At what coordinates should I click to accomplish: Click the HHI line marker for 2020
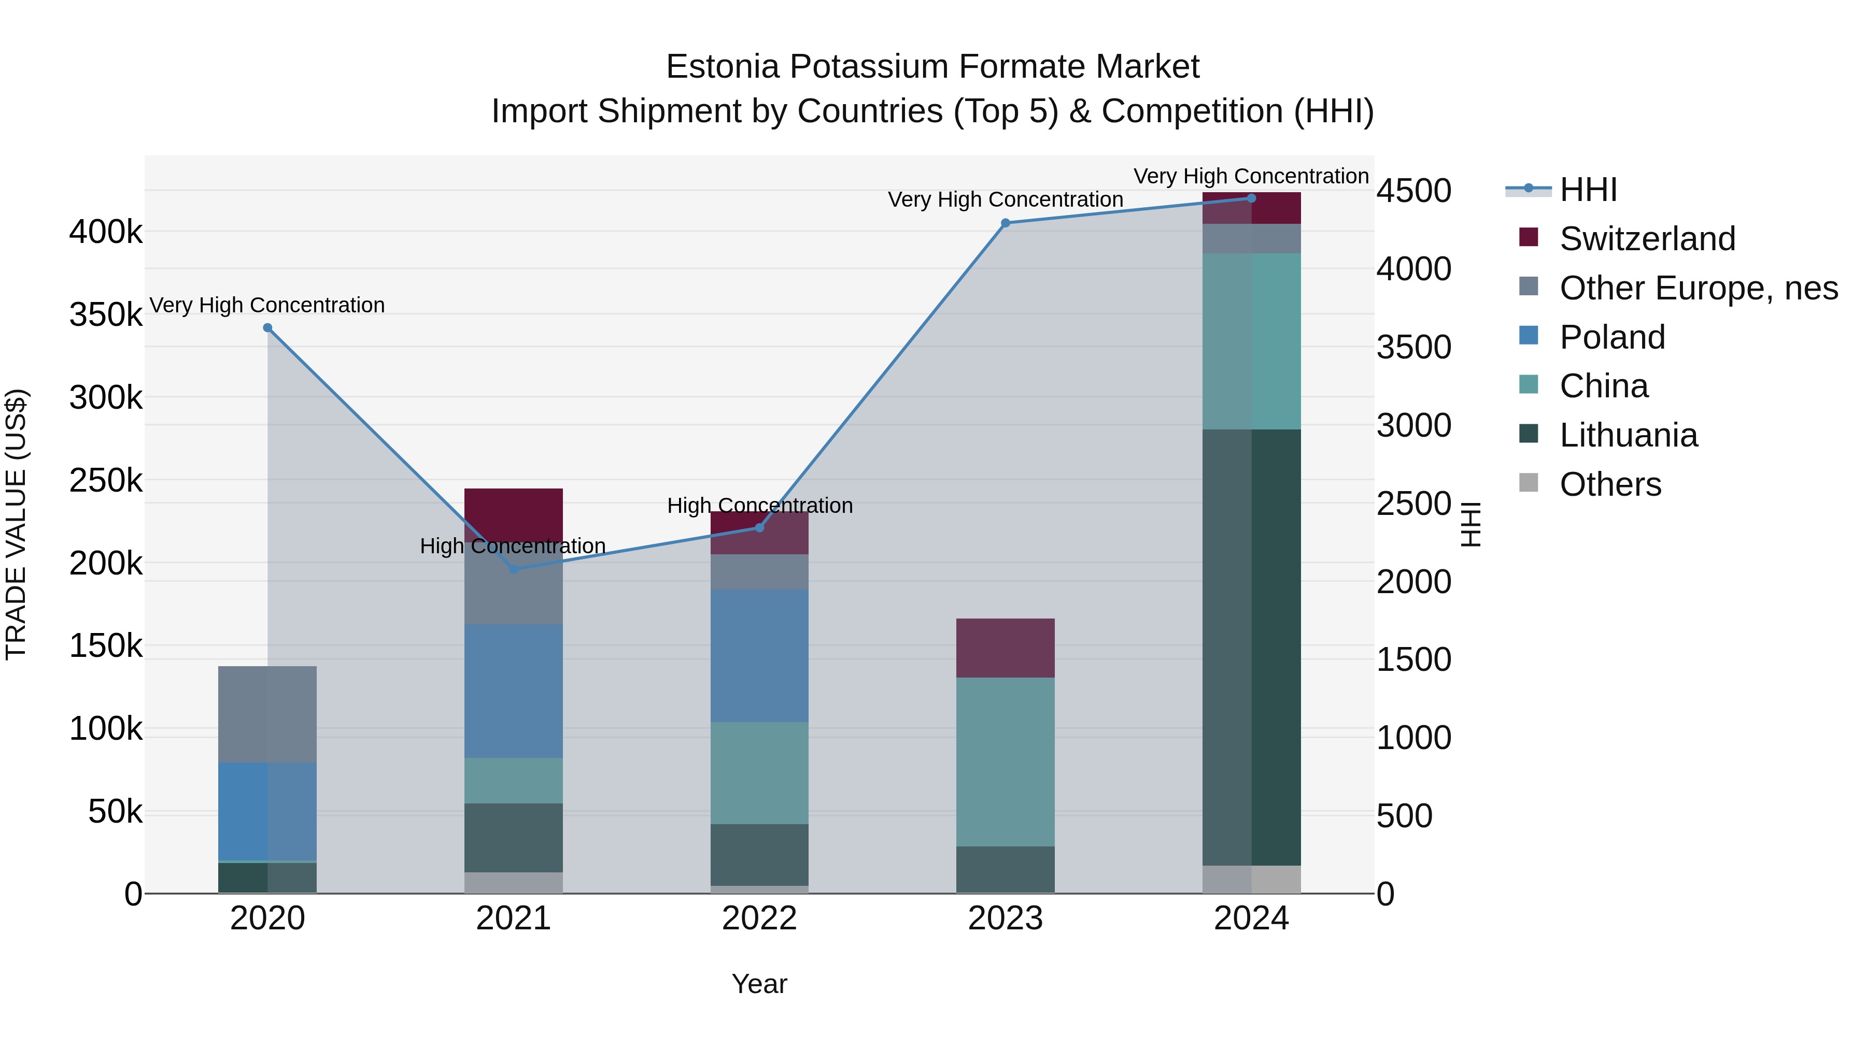[267, 328]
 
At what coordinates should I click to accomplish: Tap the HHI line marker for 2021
[514, 570]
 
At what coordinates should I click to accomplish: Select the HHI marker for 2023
[1006, 223]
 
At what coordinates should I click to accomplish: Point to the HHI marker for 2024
[1252, 198]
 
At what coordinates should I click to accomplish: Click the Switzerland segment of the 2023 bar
[1006, 648]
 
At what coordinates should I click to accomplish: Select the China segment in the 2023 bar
[1006, 761]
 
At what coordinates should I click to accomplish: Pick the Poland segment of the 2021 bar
[514, 692]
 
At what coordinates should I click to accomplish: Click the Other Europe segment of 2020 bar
[267, 714]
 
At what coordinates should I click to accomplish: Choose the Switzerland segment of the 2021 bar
[514, 510]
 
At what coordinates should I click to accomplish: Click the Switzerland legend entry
[1647, 239]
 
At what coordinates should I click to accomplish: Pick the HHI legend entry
[1587, 190]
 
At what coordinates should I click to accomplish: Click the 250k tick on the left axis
[106, 481]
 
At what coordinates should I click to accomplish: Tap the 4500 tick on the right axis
[1413, 191]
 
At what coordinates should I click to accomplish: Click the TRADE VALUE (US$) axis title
[16, 524]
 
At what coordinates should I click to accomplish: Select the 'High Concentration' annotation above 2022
[760, 505]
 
